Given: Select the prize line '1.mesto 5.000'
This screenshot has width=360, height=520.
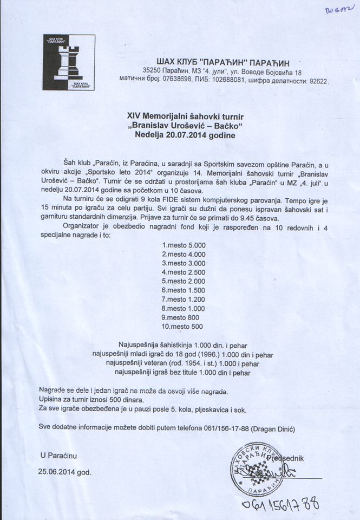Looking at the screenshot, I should point(184,245).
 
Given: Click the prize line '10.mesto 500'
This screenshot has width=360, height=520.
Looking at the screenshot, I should point(182,327).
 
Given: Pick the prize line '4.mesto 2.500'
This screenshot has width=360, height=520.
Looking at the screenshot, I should point(184,272).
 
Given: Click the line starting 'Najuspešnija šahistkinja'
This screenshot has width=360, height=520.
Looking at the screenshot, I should point(186,344).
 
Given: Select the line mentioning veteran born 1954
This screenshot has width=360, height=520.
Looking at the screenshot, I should point(186,362).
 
